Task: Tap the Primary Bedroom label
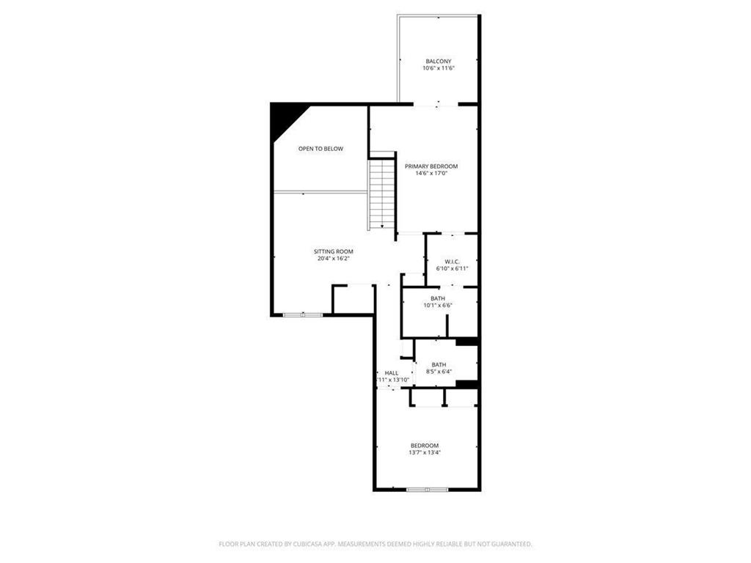(431, 166)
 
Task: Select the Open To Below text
(320, 149)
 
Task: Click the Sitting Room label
(334, 251)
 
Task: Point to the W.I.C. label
(452, 262)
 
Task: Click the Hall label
(392, 373)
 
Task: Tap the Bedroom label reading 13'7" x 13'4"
(425, 446)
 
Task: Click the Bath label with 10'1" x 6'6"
(438, 298)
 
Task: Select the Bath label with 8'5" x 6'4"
(439, 364)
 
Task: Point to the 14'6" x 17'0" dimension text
(431, 174)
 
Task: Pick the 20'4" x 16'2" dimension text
(334, 259)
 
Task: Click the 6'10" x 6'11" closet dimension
(452, 269)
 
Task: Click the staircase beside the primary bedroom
(381, 192)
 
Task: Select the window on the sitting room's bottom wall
(303, 315)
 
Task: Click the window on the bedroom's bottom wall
(428, 489)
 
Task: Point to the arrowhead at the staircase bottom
(381, 226)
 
